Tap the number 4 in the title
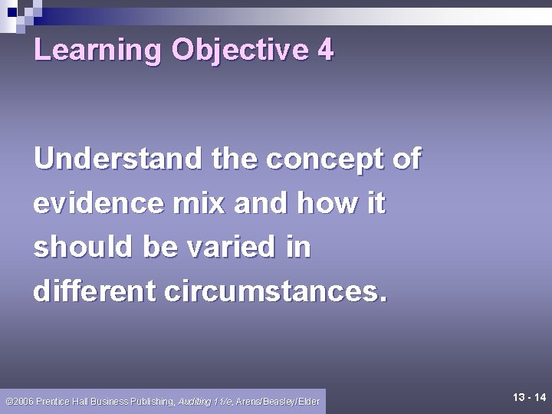(324, 50)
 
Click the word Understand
(118, 159)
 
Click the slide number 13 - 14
(529, 397)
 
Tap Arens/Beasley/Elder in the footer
(278, 401)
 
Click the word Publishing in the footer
(153, 401)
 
